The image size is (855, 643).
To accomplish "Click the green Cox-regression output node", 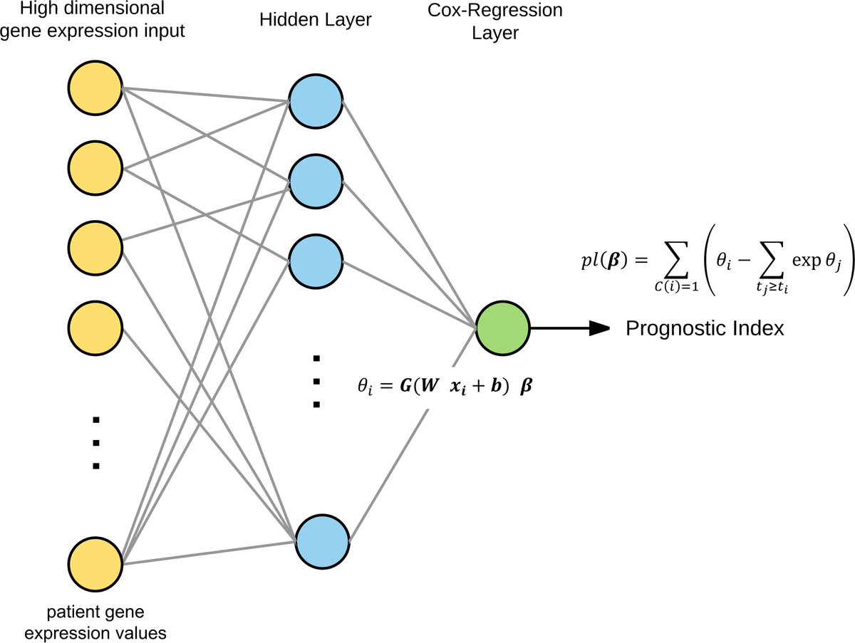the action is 502,328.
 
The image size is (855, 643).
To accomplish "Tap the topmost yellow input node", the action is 95,88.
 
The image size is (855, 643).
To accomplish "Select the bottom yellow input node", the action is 95,565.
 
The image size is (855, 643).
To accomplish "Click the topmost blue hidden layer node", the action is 316,101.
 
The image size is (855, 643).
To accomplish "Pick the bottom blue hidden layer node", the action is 322,542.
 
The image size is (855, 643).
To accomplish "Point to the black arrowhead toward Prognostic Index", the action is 599,328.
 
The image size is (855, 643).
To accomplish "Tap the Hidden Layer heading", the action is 316,20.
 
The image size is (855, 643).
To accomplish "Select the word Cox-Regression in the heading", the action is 495,10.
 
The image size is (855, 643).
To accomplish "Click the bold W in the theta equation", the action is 429,385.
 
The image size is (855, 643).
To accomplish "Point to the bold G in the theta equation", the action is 406,385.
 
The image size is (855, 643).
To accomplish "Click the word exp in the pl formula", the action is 807,261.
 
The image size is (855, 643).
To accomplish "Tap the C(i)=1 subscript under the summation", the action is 677,287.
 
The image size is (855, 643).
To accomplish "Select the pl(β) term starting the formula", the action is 604,261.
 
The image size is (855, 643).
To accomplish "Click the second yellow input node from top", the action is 95,168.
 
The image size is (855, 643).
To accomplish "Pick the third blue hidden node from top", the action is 316,261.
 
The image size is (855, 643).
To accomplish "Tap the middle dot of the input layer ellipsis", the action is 95,442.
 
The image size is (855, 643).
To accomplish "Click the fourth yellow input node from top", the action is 95,328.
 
